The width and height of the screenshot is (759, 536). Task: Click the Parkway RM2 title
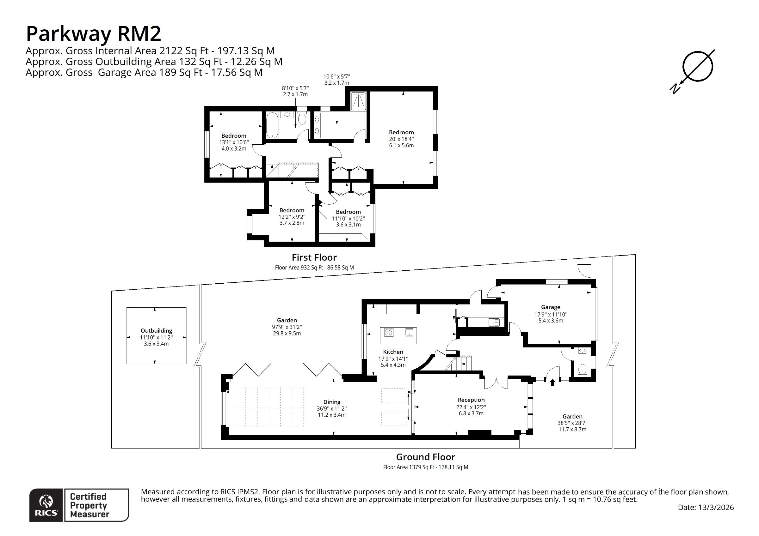coord(93,34)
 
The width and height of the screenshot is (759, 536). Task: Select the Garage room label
coord(550,307)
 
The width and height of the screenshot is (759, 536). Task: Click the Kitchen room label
coord(393,352)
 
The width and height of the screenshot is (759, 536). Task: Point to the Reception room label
coord(471,400)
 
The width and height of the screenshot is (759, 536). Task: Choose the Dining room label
coord(331,402)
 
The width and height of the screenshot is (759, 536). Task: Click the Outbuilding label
coord(156,331)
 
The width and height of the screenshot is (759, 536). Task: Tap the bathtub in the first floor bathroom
coord(273,125)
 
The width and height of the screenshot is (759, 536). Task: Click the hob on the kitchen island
coord(389,332)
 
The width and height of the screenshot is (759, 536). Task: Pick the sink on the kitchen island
coord(409,332)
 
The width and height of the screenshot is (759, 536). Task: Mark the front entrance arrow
coord(552,382)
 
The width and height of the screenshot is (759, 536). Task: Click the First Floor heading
coord(314,258)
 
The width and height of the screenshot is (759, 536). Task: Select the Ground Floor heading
coord(425,457)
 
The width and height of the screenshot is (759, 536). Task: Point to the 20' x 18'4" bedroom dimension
coord(401,139)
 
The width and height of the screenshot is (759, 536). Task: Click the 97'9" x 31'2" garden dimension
coord(287,327)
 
